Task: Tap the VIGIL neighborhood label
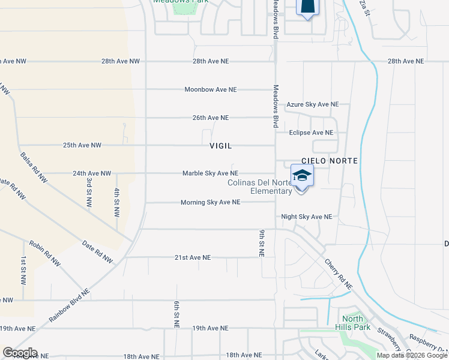pos(220,146)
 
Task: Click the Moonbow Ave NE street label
pos(210,89)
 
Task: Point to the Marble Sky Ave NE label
pos(210,173)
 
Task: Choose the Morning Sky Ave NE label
pos(210,203)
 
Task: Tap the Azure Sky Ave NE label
pos(312,104)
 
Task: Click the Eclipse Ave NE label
pos(311,133)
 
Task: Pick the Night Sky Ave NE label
pos(307,217)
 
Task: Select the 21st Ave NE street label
pos(193,257)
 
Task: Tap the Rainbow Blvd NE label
pos(70,305)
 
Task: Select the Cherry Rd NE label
pos(339,274)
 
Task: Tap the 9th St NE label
pos(262,242)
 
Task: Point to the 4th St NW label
pos(117,202)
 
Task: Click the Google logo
pos(20,353)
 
